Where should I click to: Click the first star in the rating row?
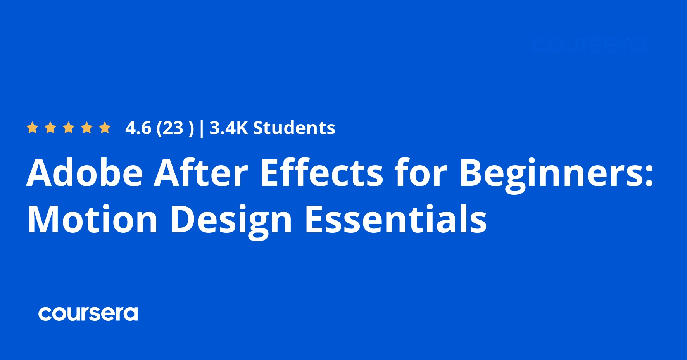coord(32,128)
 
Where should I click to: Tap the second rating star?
coord(50,128)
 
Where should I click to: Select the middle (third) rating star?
coord(69,128)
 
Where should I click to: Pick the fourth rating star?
coord(87,128)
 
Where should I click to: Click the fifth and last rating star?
coord(105,128)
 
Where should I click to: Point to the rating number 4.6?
coord(138,128)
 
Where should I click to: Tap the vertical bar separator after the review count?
coord(201,128)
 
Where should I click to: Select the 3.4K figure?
coord(228,128)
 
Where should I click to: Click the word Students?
coord(294,128)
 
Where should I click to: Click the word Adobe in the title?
coord(85,173)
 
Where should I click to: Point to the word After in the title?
coord(201,173)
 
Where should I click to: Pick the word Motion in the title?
coord(93,220)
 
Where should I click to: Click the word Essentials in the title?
coord(396,220)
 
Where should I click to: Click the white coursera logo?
coord(88,314)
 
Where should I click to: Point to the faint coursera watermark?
coord(589,45)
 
